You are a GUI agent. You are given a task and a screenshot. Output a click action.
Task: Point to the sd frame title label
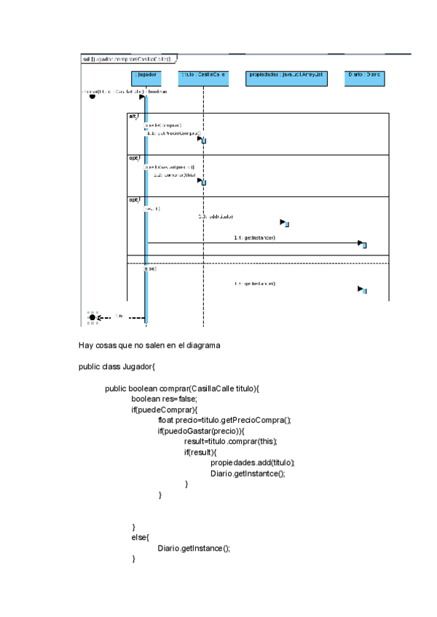127,59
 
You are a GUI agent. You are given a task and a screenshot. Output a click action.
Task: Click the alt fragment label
133,116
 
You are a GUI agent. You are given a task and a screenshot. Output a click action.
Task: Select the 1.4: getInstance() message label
254,238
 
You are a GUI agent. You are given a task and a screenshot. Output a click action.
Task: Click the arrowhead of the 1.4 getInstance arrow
361,243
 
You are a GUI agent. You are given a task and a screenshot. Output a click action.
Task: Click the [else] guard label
150,268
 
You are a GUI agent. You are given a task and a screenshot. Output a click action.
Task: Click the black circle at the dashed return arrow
92,317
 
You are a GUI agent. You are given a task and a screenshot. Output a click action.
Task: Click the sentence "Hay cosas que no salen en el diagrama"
149,345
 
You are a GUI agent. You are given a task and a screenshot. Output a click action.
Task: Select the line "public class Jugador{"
117,367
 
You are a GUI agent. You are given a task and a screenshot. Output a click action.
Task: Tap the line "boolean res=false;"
164,399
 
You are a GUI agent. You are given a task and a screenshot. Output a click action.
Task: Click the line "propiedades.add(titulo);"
252,463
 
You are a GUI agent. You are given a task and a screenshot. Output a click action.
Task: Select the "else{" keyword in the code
140,538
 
